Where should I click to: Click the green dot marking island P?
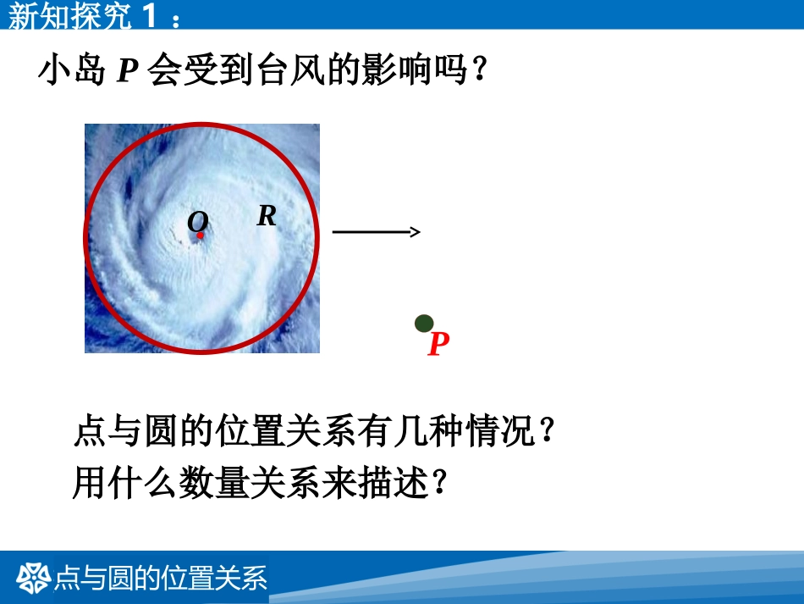[x=424, y=323]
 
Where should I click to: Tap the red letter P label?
[x=438, y=345]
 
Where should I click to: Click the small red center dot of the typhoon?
[x=201, y=236]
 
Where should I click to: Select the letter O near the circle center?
[x=197, y=222]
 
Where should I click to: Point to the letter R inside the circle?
[x=267, y=216]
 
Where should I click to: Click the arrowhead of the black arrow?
[x=415, y=232]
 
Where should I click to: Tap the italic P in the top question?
[x=127, y=71]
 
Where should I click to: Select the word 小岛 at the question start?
[x=72, y=70]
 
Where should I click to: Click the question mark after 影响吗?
[x=479, y=70]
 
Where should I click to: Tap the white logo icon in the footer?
[x=34, y=578]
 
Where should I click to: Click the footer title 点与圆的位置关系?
[x=161, y=578]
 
